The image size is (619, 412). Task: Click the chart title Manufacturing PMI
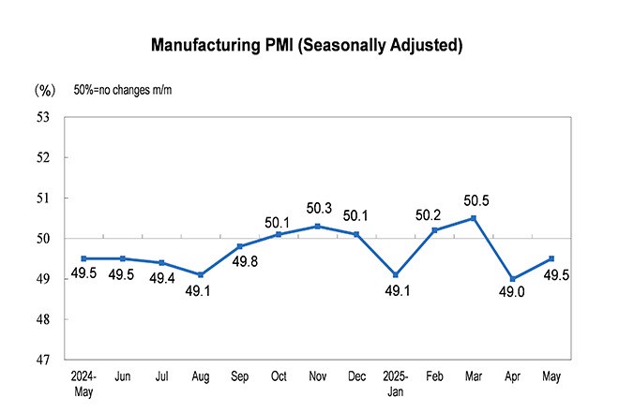click(309, 44)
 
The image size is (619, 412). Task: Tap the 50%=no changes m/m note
click(123, 91)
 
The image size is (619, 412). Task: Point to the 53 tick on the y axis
click(43, 117)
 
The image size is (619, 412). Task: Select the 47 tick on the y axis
click(43, 360)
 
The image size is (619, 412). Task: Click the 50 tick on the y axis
click(43, 239)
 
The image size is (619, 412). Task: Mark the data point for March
click(474, 218)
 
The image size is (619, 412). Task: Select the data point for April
click(512, 279)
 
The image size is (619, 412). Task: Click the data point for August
click(201, 274)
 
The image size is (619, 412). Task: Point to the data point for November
click(318, 226)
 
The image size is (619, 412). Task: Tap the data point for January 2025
click(396, 274)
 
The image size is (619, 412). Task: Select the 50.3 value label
click(318, 207)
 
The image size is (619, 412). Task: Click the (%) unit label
click(45, 91)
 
